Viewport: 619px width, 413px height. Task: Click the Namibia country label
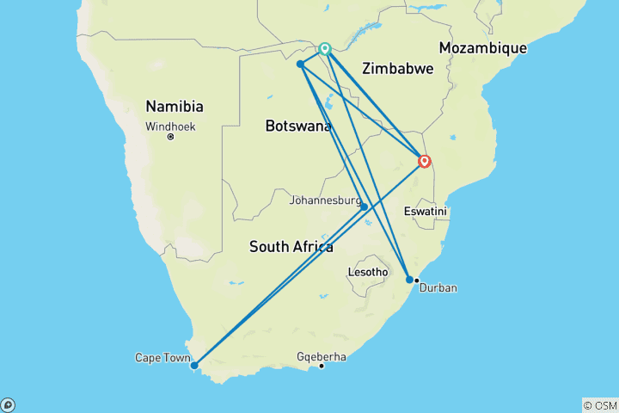pos(175,107)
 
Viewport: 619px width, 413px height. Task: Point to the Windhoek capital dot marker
pos(170,137)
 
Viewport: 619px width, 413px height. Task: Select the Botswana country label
pos(298,126)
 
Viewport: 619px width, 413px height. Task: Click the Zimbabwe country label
pos(397,68)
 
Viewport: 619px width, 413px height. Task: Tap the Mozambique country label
pos(482,48)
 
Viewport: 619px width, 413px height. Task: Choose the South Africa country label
pos(291,247)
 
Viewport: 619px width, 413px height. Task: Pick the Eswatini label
pos(427,211)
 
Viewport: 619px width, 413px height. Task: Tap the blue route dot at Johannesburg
pos(364,206)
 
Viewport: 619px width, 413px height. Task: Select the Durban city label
pos(438,287)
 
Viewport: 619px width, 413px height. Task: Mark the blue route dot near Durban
pos(409,280)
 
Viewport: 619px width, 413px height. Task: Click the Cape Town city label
pos(160,357)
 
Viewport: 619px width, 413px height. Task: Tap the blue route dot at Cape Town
pos(194,365)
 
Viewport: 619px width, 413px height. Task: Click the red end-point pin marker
pos(424,161)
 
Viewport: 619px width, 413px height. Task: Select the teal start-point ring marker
pos(325,49)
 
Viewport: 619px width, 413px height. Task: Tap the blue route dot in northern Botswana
pos(300,65)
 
